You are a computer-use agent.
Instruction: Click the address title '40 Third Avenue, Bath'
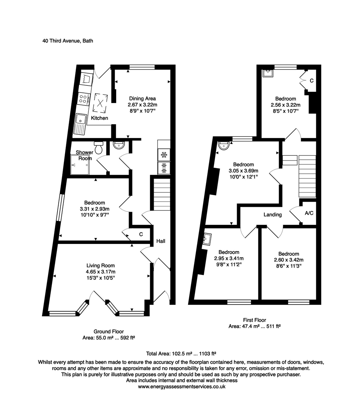pyautogui.click(x=68, y=41)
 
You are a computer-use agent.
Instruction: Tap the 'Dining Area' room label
pyautogui.click(x=140, y=98)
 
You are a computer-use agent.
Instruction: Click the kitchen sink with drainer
pyautogui.click(x=81, y=123)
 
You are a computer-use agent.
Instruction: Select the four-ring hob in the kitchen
pyautogui.click(x=83, y=98)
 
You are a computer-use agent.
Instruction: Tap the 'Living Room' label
pyautogui.click(x=100, y=265)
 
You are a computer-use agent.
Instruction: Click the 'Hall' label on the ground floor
pyautogui.click(x=161, y=241)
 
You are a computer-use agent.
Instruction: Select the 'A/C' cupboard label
pyautogui.click(x=309, y=213)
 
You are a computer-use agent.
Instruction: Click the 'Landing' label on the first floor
pyautogui.click(x=273, y=215)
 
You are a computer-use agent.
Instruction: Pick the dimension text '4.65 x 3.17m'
pyautogui.click(x=100, y=272)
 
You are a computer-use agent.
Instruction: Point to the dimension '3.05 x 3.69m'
pyautogui.click(x=243, y=171)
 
